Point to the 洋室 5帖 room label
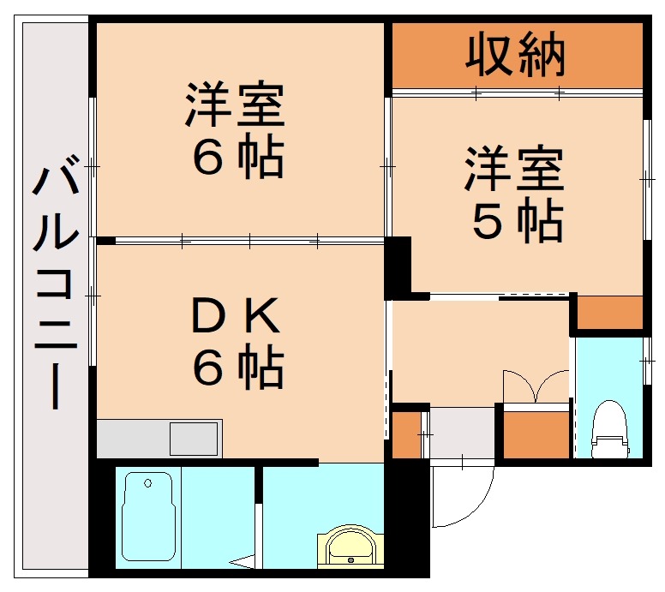514,195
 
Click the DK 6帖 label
236,343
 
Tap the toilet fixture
610,429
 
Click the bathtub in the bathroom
149,517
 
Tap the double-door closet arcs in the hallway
536,386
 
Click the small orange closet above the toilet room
608,314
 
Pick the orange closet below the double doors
536,434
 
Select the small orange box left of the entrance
406,435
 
